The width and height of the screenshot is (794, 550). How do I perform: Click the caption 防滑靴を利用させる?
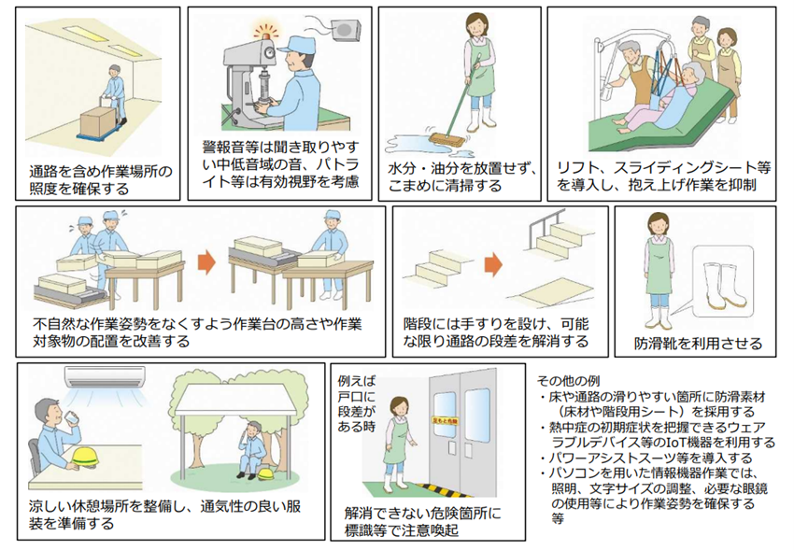coord(697,343)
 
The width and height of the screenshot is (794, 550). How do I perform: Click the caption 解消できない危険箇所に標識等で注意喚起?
coord(422,520)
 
